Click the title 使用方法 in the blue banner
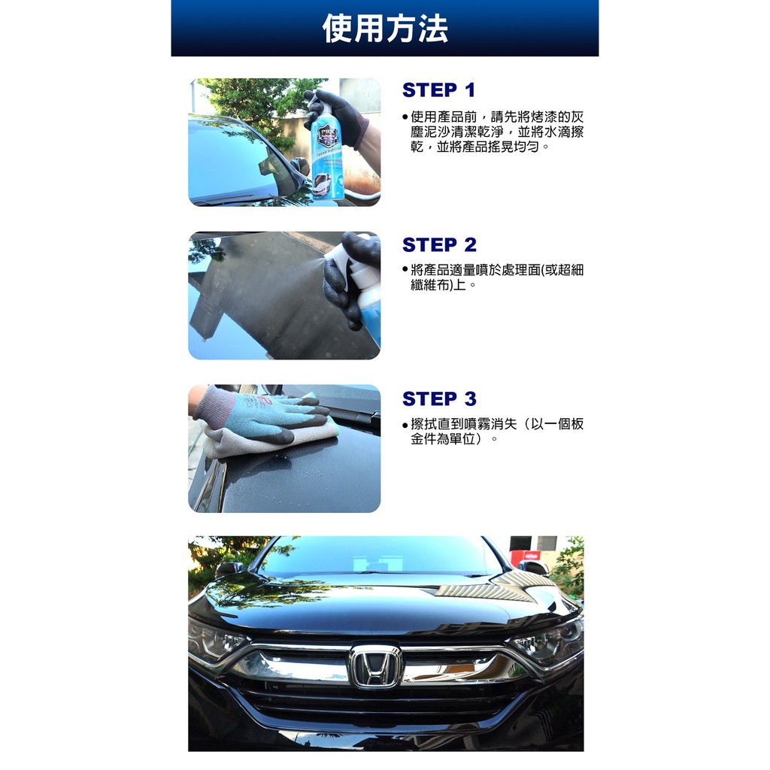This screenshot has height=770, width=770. (x=385, y=29)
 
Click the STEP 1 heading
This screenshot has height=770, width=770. (x=438, y=90)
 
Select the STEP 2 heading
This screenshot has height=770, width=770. (x=439, y=244)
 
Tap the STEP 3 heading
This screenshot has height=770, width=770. (x=439, y=399)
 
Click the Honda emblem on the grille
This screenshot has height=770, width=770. (x=376, y=666)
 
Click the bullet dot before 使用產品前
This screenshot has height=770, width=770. (x=405, y=117)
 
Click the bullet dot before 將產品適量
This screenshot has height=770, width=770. (x=405, y=269)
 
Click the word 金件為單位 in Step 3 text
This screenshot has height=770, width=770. (x=444, y=438)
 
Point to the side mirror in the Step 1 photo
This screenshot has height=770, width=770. (x=300, y=165)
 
